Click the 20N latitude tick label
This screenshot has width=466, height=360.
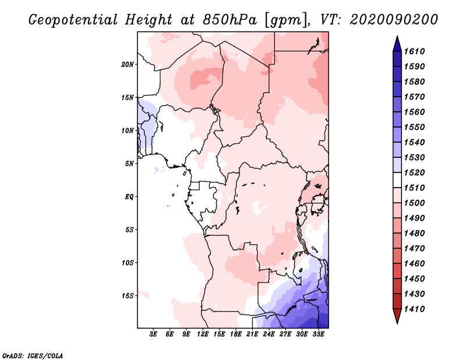pyautogui.click(x=128, y=64)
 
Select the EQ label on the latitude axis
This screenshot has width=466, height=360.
pyautogui.click(x=129, y=196)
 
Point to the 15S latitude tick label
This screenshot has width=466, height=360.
pyautogui.click(x=128, y=295)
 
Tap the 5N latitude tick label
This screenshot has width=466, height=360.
pyautogui.click(x=130, y=163)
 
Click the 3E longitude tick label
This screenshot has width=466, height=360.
pyautogui.click(x=154, y=334)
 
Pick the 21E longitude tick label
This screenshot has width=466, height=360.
pyautogui.click(x=252, y=334)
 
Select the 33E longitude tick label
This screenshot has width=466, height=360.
pyautogui.click(x=318, y=334)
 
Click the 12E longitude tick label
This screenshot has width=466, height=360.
pyautogui.click(x=203, y=334)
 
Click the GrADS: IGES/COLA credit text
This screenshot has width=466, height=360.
pyautogui.click(x=25, y=355)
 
